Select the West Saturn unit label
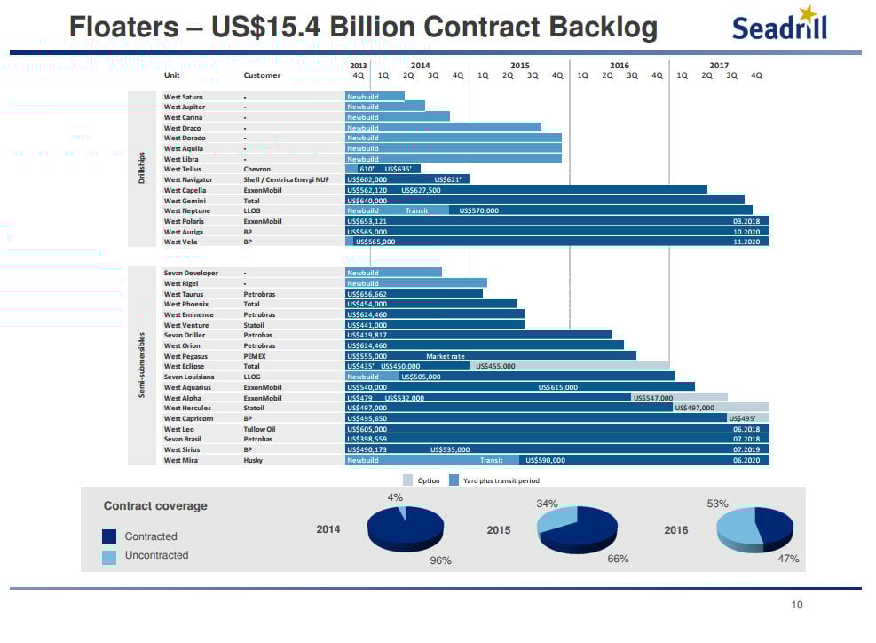coord(184,97)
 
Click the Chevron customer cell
coord(256,169)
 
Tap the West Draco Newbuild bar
coord(443,128)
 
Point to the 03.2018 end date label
coord(746,221)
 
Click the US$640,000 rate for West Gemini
coord(367,201)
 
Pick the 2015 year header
coord(520,66)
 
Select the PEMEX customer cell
coord(255,356)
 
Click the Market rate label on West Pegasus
coord(445,356)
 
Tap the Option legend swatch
coord(407,480)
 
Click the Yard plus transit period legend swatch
coord(454,480)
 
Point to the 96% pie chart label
coord(440,560)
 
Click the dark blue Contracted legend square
coord(109,536)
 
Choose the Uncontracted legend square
coord(109,556)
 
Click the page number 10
coord(796,606)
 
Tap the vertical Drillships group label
coord(141,169)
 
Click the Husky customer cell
coord(254,460)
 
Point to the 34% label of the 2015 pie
coord(547,504)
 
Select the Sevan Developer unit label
coord(190,273)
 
